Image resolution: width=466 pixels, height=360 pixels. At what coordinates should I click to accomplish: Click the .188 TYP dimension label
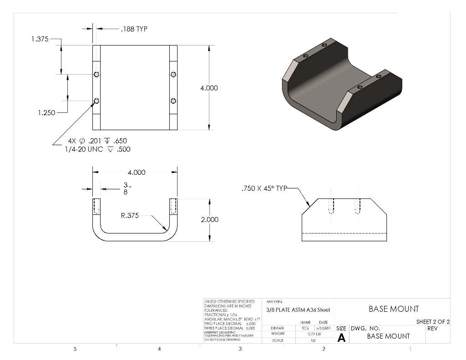click(x=134, y=29)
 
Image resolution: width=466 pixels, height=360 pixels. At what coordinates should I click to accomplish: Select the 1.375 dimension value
click(x=40, y=39)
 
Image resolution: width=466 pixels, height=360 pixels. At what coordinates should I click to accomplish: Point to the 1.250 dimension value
click(x=46, y=113)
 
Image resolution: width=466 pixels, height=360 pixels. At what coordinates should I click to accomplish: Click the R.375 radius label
click(x=130, y=216)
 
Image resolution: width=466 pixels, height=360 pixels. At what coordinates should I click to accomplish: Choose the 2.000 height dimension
click(x=209, y=219)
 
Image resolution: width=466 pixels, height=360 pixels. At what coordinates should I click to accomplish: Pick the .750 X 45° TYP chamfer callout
click(x=264, y=188)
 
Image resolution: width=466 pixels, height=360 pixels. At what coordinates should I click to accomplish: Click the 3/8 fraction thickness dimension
click(x=126, y=188)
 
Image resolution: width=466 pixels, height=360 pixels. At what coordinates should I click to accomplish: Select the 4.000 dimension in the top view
click(x=209, y=88)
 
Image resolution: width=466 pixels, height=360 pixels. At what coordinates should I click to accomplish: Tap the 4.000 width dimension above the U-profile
click(x=136, y=172)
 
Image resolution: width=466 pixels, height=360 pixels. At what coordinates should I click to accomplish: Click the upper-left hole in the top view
click(x=96, y=75)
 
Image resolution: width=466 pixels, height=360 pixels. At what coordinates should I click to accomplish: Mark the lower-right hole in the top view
click(x=173, y=101)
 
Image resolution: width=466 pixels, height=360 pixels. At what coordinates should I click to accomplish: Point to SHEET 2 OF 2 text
click(x=433, y=322)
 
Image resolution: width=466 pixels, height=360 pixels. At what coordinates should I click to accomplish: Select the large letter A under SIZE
click(x=341, y=338)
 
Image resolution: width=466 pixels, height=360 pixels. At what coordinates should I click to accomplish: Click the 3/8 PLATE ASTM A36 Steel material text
click(x=298, y=310)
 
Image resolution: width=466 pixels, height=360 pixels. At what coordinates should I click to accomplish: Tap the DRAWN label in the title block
click(x=277, y=328)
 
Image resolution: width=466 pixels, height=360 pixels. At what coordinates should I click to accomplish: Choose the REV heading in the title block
click(x=432, y=328)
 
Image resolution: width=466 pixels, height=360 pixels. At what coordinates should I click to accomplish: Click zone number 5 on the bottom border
click(x=75, y=349)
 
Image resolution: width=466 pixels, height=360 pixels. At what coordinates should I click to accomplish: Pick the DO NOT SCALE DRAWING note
click(x=222, y=340)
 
